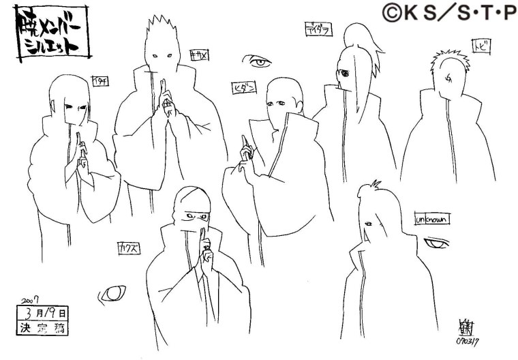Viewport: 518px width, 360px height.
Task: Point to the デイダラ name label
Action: tap(317, 28)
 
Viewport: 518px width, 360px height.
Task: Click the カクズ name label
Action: tap(129, 247)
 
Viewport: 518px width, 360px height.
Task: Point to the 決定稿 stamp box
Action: tap(43, 327)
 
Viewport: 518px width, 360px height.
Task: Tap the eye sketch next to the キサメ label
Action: tap(258, 63)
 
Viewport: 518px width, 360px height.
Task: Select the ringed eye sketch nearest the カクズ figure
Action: tap(114, 294)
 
